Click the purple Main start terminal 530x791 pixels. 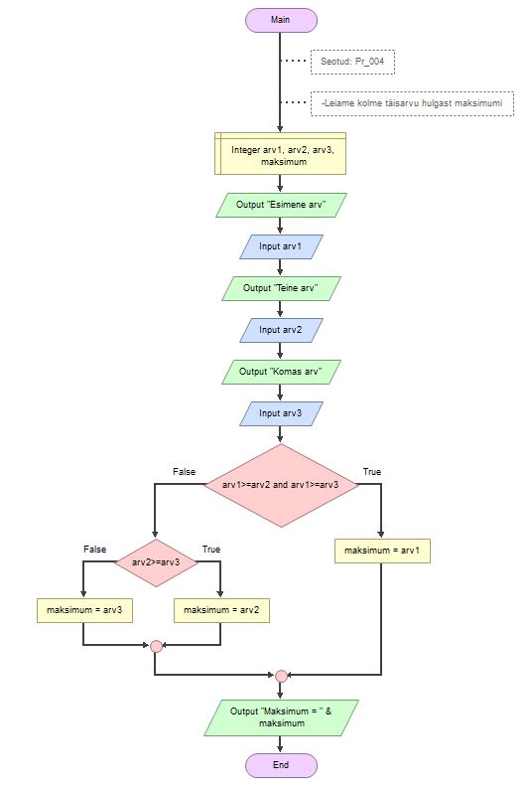[281, 20]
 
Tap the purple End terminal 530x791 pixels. [281, 765]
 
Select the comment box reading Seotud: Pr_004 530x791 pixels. [352, 62]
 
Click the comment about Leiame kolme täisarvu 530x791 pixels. [412, 103]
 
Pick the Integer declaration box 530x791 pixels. [280, 153]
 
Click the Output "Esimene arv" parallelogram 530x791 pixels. [281, 205]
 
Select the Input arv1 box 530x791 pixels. [281, 246]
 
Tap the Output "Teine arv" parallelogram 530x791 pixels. [281, 288]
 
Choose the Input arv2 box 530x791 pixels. [281, 330]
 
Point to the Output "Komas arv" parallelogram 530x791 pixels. [281, 372]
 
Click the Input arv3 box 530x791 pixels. [281, 413]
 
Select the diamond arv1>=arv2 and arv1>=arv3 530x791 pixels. [281, 485]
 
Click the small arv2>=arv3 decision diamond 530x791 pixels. [156, 562]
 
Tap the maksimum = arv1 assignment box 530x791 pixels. [382, 551]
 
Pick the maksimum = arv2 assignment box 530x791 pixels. [221, 610]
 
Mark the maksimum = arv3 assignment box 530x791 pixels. [84, 610]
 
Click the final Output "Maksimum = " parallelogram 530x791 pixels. [281, 717]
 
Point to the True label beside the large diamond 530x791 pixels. [372, 472]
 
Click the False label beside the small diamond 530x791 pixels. [94, 550]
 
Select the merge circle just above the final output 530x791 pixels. [281, 676]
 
